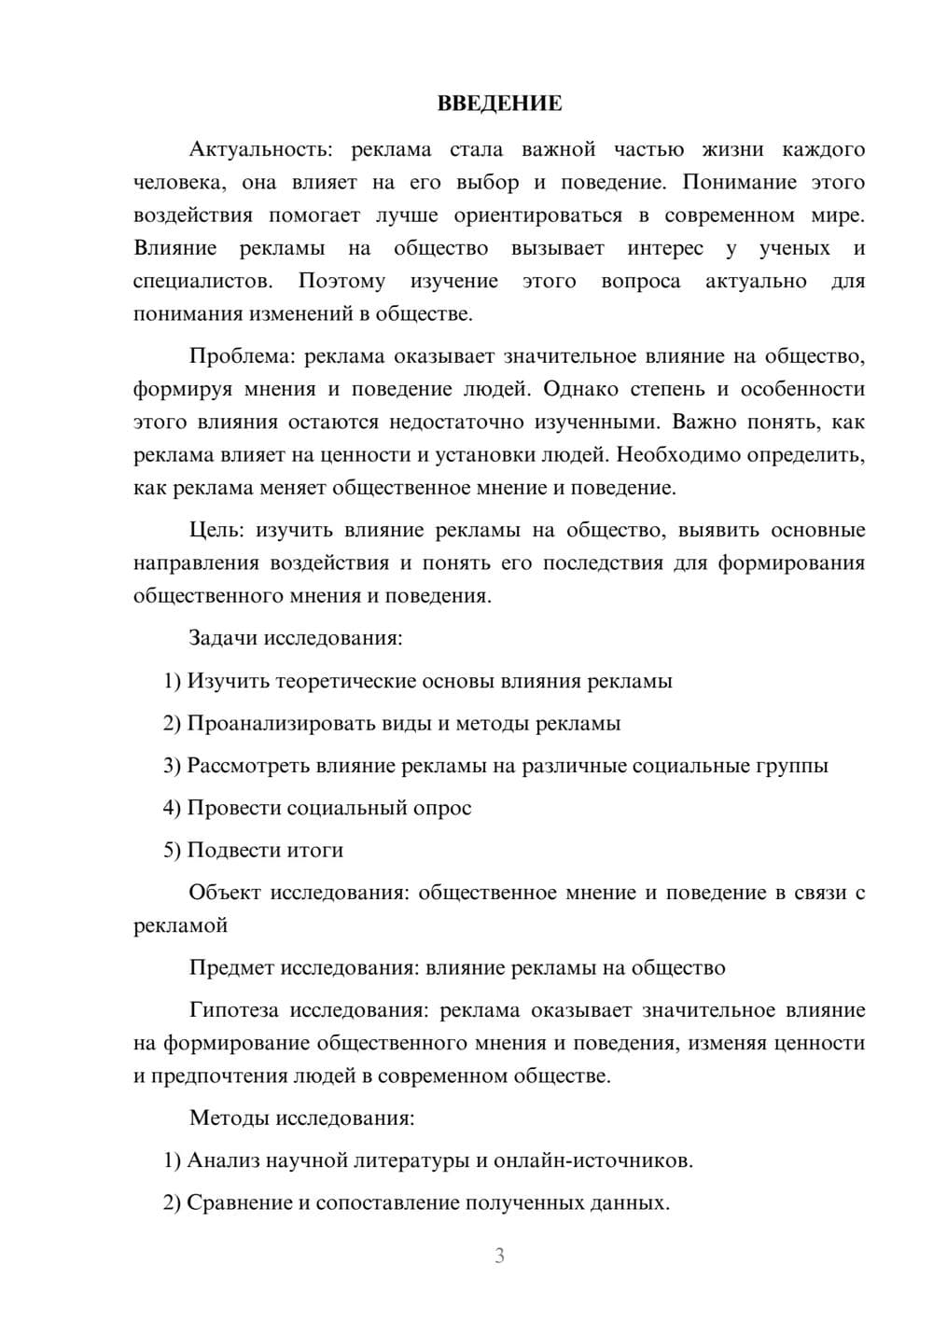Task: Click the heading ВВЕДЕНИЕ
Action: click(499, 104)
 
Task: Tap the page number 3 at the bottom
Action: click(499, 1256)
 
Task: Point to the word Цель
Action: click(216, 531)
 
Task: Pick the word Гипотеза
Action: click(232, 1010)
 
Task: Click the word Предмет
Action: click(230, 968)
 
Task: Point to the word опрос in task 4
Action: click(441, 809)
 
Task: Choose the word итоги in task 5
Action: click(313, 851)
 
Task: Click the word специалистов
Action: click(203, 281)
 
